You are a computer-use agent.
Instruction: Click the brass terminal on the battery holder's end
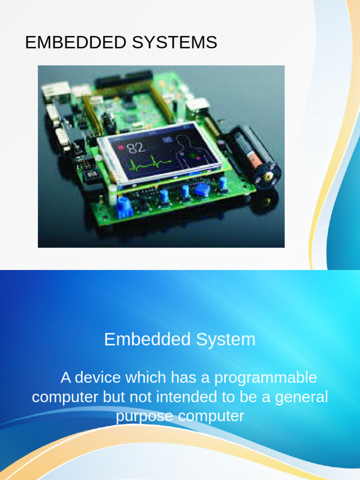(x=268, y=177)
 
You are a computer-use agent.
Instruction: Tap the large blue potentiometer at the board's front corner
(x=124, y=205)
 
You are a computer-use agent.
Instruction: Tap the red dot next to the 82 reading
(x=121, y=147)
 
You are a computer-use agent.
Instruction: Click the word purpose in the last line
(x=143, y=416)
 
